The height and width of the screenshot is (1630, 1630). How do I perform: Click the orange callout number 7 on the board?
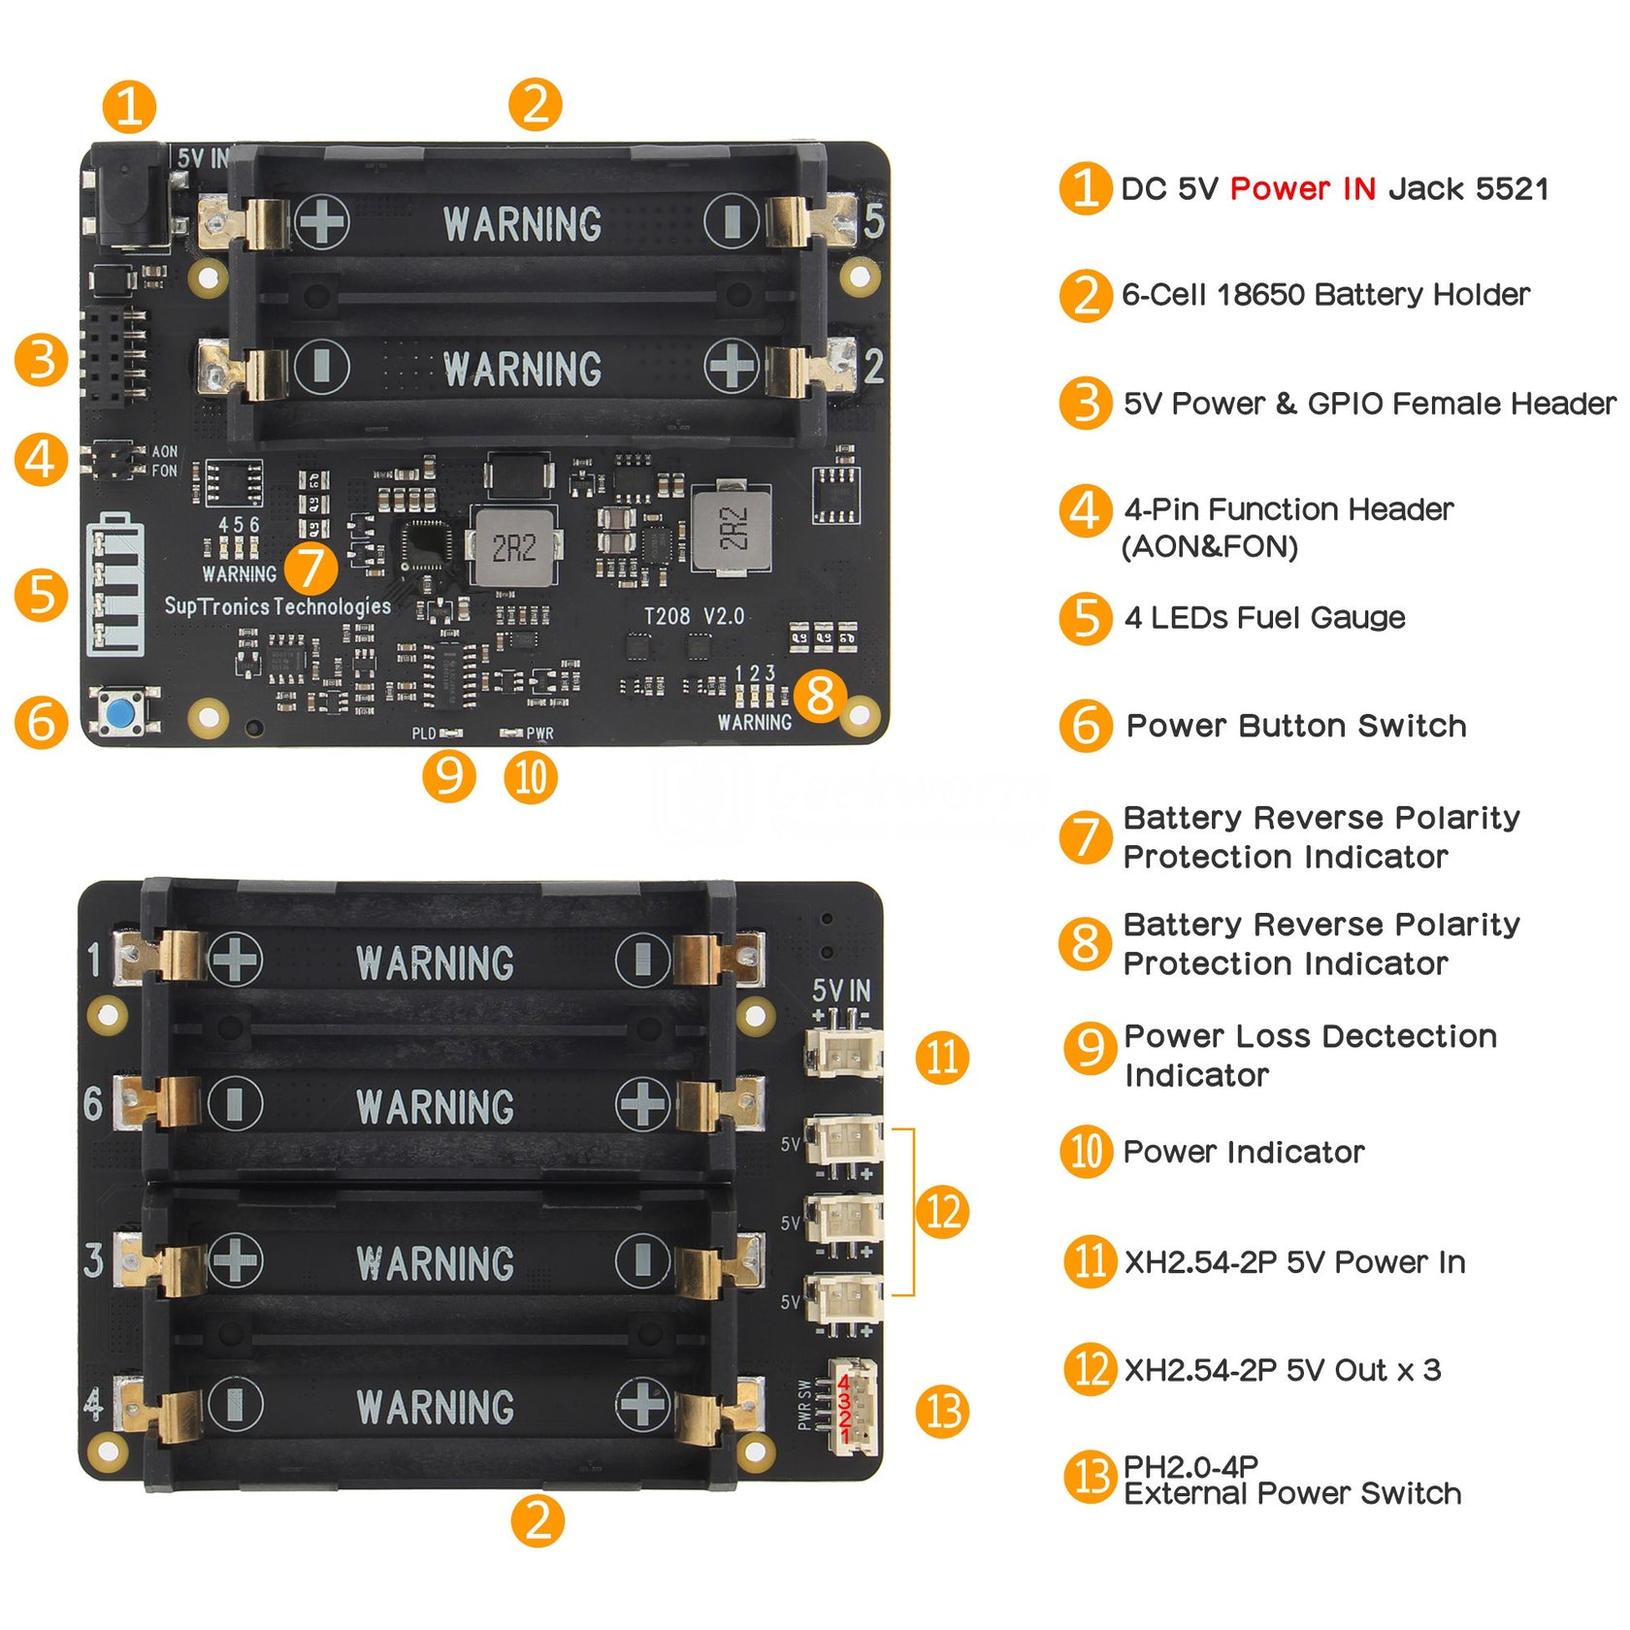pos(310,568)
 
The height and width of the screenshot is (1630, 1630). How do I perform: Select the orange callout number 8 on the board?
pos(820,695)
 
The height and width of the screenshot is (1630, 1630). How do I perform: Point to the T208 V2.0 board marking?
pos(694,616)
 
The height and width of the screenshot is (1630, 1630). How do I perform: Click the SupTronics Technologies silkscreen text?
pos(277,606)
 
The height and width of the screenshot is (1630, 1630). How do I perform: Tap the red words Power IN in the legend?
pos(1302,188)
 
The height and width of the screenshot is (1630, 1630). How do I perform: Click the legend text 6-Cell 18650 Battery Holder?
pos(1324,294)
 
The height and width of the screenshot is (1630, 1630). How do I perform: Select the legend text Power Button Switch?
pos(1295,726)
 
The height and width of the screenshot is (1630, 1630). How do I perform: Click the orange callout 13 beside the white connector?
pos(942,1411)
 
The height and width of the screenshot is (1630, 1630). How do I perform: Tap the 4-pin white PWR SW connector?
pos(853,1406)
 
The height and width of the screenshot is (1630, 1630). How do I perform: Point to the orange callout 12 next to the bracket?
pos(942,1212)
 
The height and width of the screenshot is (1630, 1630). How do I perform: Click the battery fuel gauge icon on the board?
pos(115,584)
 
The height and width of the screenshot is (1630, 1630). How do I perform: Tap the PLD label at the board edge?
pos(424,733)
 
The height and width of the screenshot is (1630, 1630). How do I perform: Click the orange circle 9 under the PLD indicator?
pos(448,776)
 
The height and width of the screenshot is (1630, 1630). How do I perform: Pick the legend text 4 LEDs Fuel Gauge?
pos(1263,618)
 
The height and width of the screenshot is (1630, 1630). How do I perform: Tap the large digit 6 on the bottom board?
pos(93,1103)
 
